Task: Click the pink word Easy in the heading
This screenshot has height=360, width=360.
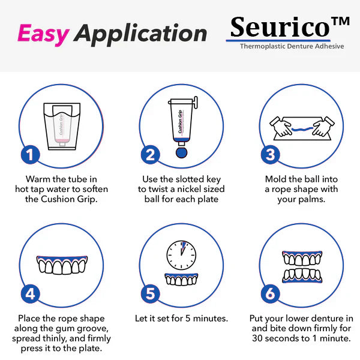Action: [43, 35]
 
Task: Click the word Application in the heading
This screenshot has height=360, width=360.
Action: [142, 34]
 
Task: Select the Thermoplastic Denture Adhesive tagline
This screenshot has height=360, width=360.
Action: [292, 46]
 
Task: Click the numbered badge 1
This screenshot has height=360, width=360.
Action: [30, 155]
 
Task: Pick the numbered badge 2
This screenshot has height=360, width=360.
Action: [151, 155]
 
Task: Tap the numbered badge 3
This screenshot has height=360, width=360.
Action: [271, 155]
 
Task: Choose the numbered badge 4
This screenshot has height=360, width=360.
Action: [30, 294]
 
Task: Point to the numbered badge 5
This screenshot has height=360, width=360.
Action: [151, 294]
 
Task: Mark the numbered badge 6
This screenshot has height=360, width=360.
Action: [271, 294]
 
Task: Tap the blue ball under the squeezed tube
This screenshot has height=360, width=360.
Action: [181, 151]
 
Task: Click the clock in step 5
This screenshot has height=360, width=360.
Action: [181, 256]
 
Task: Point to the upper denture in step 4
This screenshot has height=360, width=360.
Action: [61, 264]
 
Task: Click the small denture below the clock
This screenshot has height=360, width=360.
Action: [181, 279]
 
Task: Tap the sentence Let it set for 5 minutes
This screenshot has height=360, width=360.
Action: [181, 319]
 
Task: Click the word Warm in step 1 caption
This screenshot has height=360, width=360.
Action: [37, 179]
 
